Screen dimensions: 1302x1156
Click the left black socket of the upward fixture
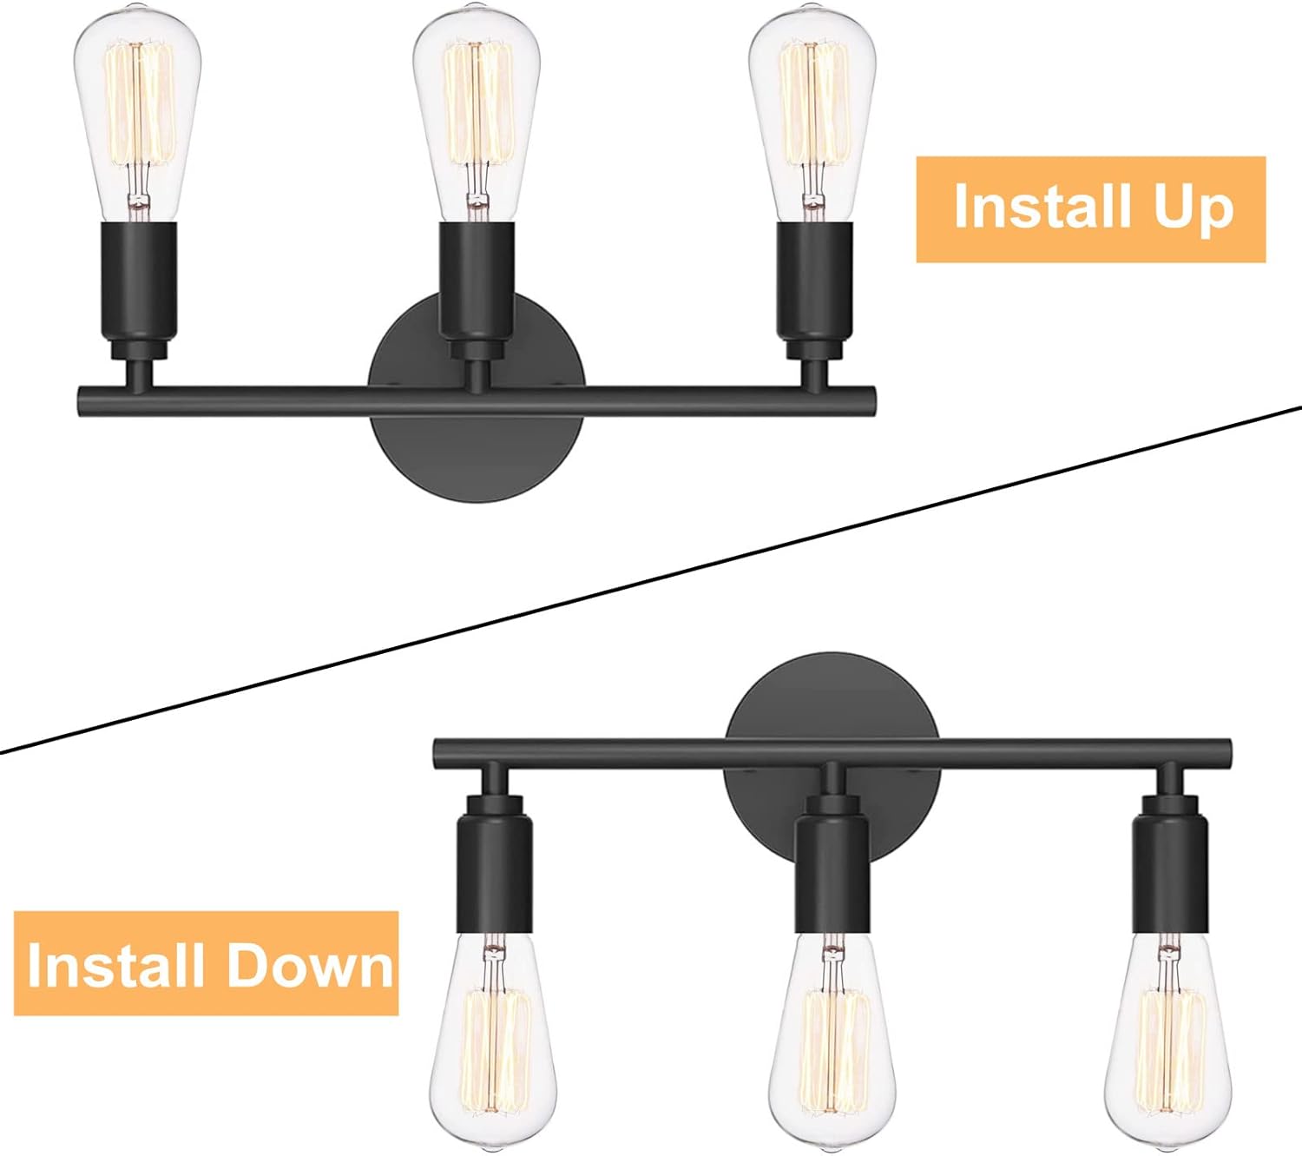(139, 291)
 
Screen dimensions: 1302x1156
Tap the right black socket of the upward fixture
(814, 291)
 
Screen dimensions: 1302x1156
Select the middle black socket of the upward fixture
(477, 291)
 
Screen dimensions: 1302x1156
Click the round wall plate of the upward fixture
(477, 450)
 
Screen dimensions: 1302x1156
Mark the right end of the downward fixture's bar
(1228, 754)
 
